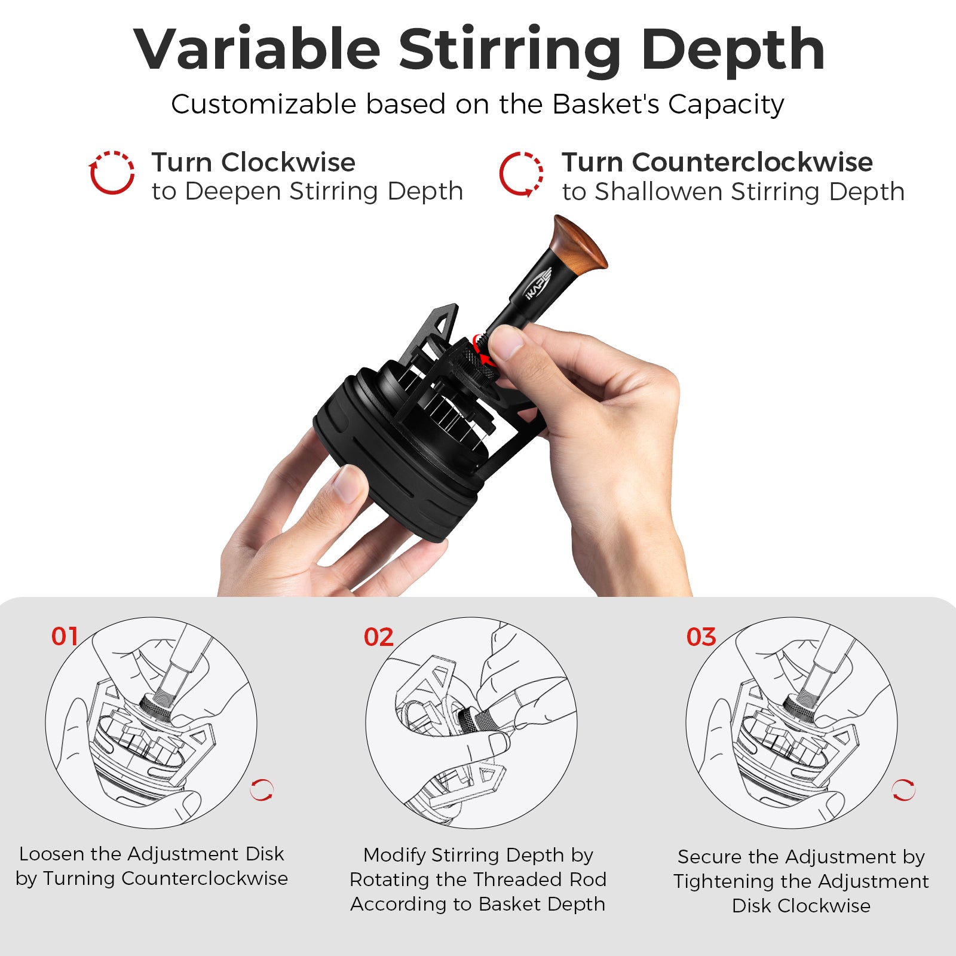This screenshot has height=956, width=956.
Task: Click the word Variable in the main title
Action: coord(257,50)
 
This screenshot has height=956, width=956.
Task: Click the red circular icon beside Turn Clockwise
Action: coord(112,173)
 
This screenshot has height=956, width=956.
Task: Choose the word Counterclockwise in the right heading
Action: coord(752,163)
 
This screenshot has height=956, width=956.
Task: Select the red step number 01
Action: coord(65,637)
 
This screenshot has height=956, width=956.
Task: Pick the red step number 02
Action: coord(378,638)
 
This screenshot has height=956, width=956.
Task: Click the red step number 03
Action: coord(701,638)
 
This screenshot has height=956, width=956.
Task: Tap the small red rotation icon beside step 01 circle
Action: coord(262,790)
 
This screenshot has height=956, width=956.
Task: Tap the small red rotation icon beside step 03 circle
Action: coord(903,790)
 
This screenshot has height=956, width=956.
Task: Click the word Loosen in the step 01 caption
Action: coord(52,854)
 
